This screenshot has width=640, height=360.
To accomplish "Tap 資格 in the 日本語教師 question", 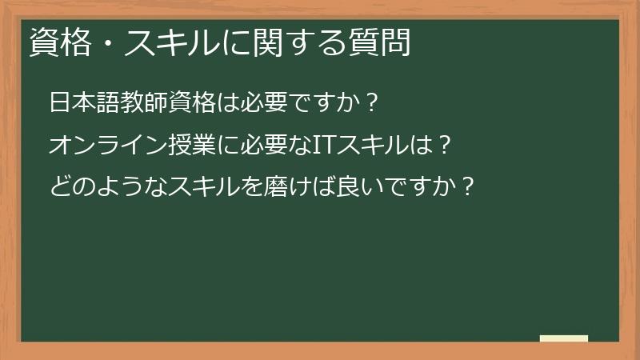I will point(196,103).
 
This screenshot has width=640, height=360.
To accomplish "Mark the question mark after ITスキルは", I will point(446,145).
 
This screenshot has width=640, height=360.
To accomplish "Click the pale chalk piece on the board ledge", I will point(564,339).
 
